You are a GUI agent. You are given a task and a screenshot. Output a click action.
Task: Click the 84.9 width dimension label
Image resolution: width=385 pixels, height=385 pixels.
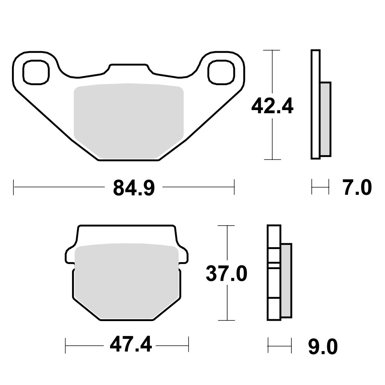click(134, 188)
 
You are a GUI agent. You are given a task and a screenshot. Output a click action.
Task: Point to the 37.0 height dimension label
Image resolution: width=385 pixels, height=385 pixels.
click(226, 274)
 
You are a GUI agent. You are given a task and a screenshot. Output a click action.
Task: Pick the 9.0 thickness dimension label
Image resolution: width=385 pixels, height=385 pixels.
click(323, 347)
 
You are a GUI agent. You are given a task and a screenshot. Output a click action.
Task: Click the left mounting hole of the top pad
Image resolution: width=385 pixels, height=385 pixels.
click(36, 72)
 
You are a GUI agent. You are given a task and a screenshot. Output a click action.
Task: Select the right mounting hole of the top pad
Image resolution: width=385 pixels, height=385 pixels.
click(221, 72)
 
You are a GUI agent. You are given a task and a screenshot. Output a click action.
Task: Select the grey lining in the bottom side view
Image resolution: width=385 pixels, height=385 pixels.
click(286, 280)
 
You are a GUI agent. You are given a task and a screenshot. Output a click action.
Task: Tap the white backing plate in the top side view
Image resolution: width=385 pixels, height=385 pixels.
click(315, 104)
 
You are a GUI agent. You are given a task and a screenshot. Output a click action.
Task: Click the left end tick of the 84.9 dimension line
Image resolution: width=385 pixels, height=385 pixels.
click(14, 188)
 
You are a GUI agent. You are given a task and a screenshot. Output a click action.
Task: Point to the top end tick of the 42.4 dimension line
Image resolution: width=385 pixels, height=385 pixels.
click(273, 50)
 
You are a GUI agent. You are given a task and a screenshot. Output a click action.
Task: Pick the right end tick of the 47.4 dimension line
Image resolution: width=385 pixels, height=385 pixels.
click(189, 345)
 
